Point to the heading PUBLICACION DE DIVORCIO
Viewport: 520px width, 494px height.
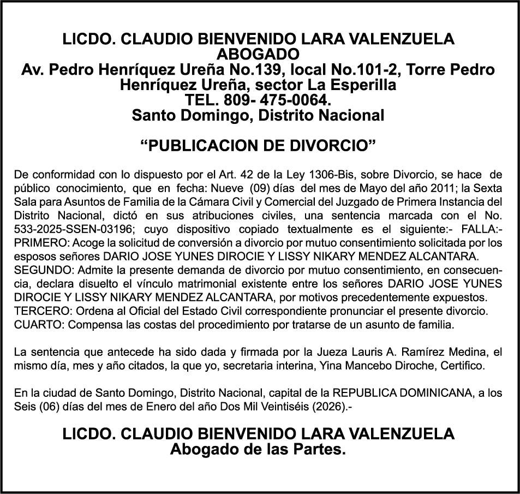(259, 147)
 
